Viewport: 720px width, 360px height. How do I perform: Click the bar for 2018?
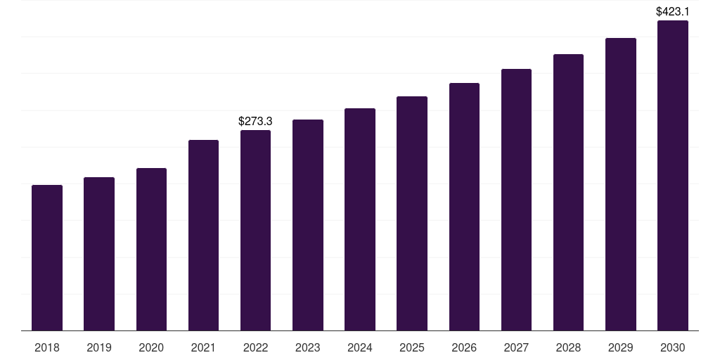pyautogui.click(x=47, y=257)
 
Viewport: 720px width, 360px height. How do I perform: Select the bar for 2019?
pyautogui.click(x=99, y=254)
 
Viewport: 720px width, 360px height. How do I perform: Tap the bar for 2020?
pyautogui.click(x=151, y=249)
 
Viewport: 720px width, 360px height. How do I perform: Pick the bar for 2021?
pyautogui.click(x=203, y=235)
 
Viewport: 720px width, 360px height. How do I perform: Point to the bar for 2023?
pyautogui.click(x=308, y=225)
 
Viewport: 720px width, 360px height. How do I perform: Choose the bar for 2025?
pyautogui.click(x=412, y=213)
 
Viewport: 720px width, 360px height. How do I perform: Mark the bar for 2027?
pyautogui.click(x=516, y=200)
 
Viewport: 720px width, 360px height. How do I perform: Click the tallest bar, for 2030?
pyautogui.click(x=673, y=175)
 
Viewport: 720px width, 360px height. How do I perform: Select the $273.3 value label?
pyautogui.click(x=255, y=122)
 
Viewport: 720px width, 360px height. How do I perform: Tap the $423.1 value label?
pyautogui.click(x=673, y=11)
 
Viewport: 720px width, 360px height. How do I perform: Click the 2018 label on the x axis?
pyautogui.click(x=47, y=347)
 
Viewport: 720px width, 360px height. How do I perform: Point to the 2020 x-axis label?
pyautogui.click(x=151, y=347)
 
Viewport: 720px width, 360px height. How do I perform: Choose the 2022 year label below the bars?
pyautogui.click(x=255, y=347)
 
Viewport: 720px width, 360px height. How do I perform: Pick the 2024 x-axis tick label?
pyautogui.click(x=360, y=347)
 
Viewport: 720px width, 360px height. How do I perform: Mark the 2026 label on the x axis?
pyautogui.click(x=464, y=347)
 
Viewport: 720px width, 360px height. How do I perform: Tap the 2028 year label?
pyautogui.click(x=568, y=347)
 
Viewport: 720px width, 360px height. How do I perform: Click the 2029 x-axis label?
pyautogui.click(x=621, y=347)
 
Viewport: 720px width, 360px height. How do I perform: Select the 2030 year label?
pyautogui.click(x=673, y=347)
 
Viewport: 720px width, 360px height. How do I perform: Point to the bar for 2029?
pyautogui.click(x=621, y=184)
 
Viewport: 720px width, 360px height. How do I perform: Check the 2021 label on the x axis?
pyautogui.click(x=203, y=347)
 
